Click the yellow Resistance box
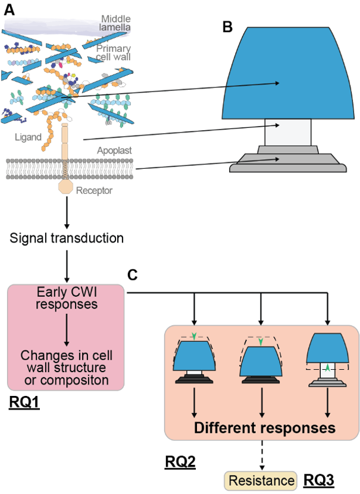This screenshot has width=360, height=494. click(260, 480)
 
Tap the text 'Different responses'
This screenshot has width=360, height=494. click(265, 428)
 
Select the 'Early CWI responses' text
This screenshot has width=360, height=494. click(66, 298)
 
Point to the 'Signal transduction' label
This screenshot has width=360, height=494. click(67, 238)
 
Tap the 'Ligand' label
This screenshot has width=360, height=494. click(29, 137)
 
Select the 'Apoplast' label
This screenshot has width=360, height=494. click(114, 151)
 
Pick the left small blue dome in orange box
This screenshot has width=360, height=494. click(194, 356)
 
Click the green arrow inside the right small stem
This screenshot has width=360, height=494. click(327, 369)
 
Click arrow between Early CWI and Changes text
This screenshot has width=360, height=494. click(66, 330)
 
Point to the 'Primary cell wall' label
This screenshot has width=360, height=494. click(114, 53)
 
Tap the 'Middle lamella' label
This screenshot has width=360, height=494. click(115, 23)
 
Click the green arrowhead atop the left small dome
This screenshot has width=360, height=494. click(194, 337)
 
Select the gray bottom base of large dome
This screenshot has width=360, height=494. click(288, 163)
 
